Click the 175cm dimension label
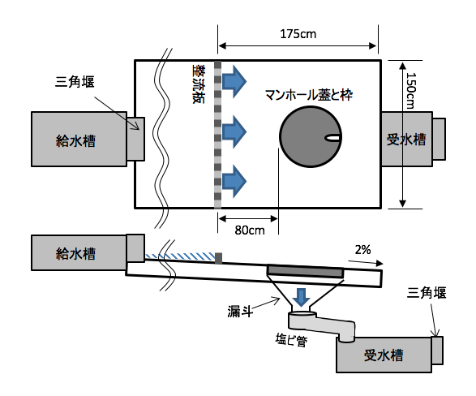pyautogui.click(x=298, y=34)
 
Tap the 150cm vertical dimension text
pyautogui.click(x=411, y=90)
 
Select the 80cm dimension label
pyautogui.click(x=250, y=230)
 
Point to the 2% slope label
pyautogui.click(x=362, y=250)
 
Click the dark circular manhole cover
pyautogui.click(x=311, y=136)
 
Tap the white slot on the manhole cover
pyautogui.click(x=332, y=138)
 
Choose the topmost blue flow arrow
pyautogui.click(x=234, y=81)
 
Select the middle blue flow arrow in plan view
pyautogui.click(x=234, y=131)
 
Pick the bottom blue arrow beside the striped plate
pyautogui.click(x=234, y=181)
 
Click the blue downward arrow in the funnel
pyautogui.click(x=301, y=298)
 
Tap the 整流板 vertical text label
pyautogui.click(x=199, y=84)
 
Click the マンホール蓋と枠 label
pyautogui.click(x=309, y=95)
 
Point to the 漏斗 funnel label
pyautogui.click(x=240, y=312)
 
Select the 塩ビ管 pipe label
pyautogui.click(x=291, y=339)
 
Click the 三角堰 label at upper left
pyautogui.click(x=75, y=82)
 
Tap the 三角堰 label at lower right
pyautogui.click(x=427, y=293)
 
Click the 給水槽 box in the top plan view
pyautogui.click(x=79, y=139)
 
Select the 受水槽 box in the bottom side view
pyautogui.click(x=384, y=354)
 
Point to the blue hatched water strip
pyautogui.click(x=180, y=256)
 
